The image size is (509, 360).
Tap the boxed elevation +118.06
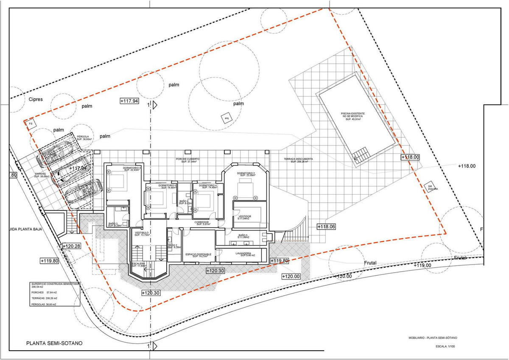[x=326, y=227]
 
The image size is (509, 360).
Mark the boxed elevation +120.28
[x=71, y=246]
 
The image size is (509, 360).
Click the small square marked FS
[x=30, y=124]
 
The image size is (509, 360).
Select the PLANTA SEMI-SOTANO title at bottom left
[x=54, y=343]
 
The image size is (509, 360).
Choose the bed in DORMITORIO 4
[x=204, y=198]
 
